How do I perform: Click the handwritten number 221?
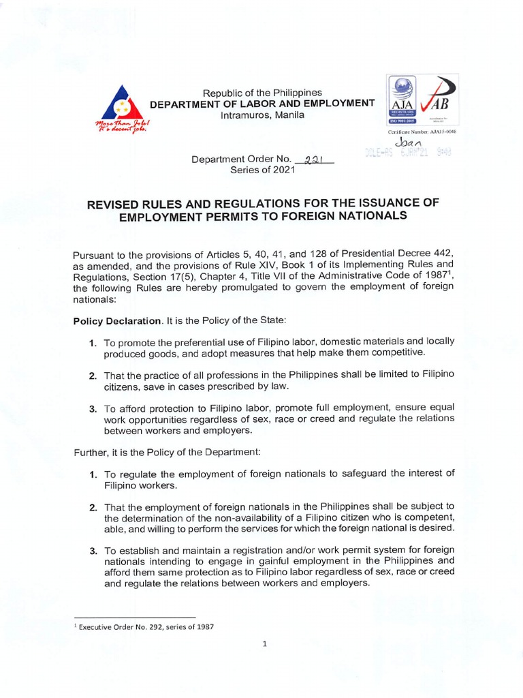click(x=314, y=160)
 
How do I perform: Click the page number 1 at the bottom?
click(x=263, y=643)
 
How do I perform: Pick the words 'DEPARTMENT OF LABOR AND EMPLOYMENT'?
click(x=262, y=104)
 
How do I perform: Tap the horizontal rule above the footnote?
click(x=134, y=616)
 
